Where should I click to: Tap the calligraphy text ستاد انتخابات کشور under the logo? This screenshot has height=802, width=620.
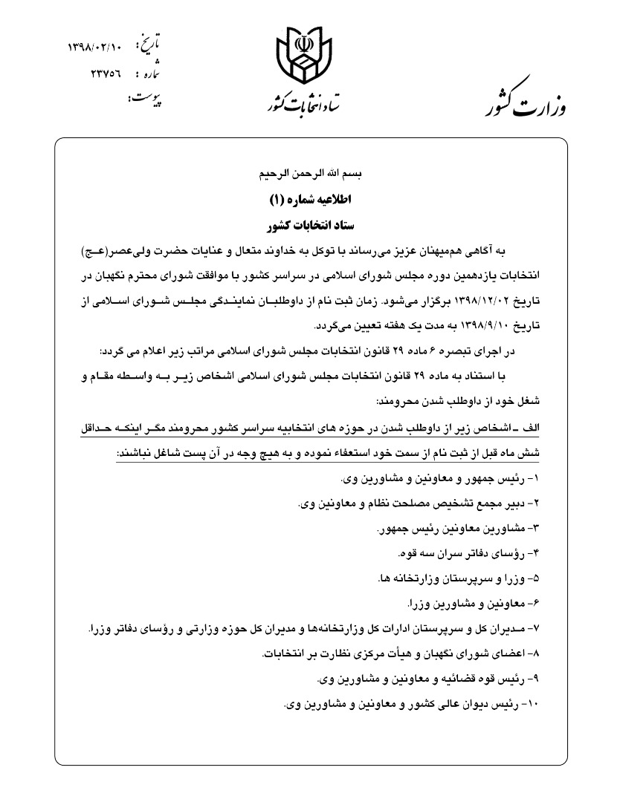[x=300, y=105]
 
